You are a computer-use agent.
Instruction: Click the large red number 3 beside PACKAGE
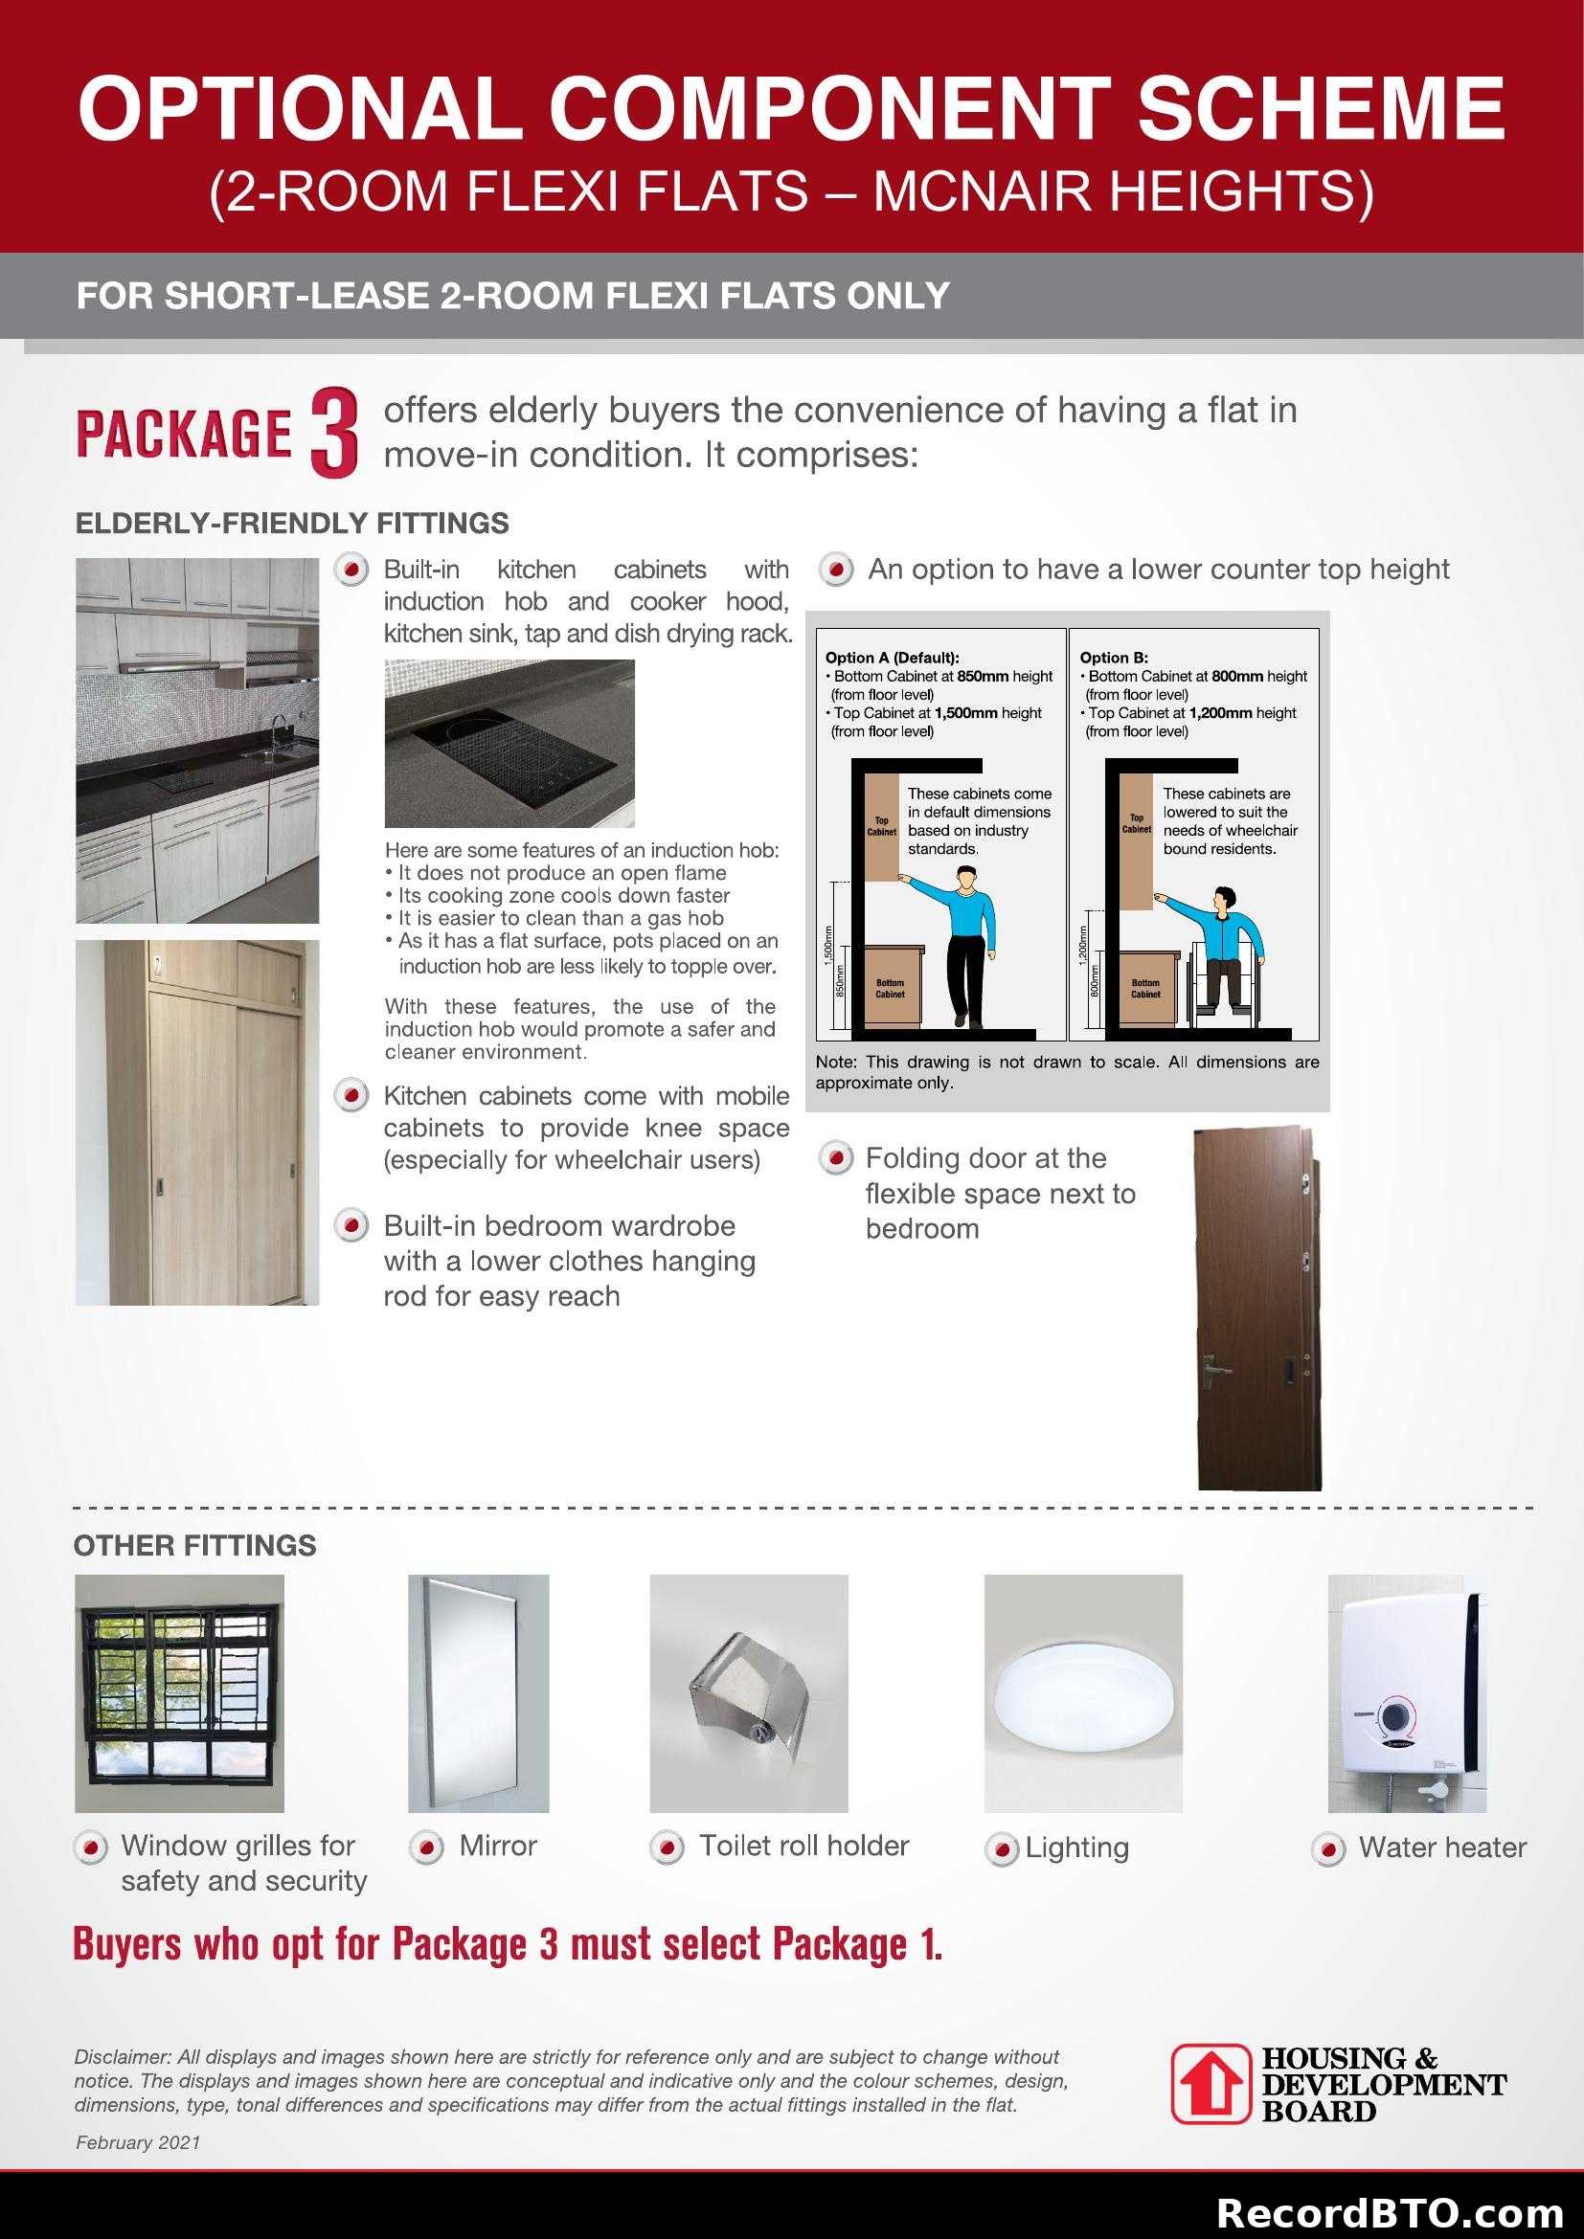[x=333, y=433]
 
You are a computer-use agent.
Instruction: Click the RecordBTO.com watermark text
[x=1389, y=2212]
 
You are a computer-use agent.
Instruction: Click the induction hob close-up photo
[x=509, y=743]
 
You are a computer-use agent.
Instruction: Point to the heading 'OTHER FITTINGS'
[x=195, y=1546]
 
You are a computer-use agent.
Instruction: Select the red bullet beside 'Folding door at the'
[x=835, y=1158]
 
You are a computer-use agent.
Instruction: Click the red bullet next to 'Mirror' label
[x=426, y=1847]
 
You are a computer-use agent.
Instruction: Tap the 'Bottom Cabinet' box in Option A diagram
[x=890, y=989]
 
